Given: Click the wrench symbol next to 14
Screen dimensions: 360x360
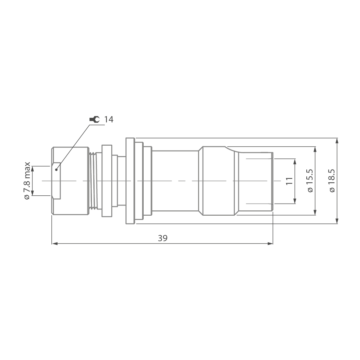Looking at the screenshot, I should [94, 120].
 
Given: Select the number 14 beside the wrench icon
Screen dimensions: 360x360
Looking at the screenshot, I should [109, 120].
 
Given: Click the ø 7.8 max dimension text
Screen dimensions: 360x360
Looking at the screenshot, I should [27, 181].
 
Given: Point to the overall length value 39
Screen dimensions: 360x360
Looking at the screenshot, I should [163, 238].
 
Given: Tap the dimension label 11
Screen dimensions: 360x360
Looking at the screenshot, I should [289, 181].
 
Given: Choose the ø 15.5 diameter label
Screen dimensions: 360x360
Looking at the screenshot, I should [310, 181].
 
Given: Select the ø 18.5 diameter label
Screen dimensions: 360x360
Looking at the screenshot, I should [332, 181].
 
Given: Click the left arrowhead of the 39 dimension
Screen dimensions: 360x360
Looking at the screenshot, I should [55, 244].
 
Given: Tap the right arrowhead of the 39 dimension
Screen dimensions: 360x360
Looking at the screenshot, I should [270, 244].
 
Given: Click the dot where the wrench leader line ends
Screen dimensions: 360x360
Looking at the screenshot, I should [57, 170].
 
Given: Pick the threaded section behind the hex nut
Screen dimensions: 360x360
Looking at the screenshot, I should [94, 181].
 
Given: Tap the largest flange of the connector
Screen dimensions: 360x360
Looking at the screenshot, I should [130, 181].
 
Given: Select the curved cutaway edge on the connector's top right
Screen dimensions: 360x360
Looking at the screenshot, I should [232, 150].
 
